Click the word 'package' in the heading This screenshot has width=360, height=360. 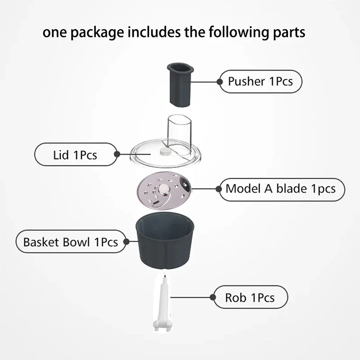coord(97,32)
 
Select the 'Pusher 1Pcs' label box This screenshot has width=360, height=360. coord(261,81)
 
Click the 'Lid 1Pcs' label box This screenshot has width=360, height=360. coord(76,154)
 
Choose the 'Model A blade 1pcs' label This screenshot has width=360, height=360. coord(282,189)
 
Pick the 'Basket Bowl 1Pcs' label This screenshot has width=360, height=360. coord(71,242)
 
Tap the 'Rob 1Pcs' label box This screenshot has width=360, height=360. coord(251,297)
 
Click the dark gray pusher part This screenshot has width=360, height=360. coord(180,85)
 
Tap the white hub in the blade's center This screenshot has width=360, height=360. coord(163,189)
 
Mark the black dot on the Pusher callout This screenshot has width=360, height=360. coord(220,82)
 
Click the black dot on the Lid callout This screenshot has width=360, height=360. coord(117,154)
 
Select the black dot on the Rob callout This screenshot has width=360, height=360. coord(213,297)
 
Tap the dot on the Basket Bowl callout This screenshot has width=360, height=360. coord(126,242)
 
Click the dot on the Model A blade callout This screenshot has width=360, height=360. coord(219,189)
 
